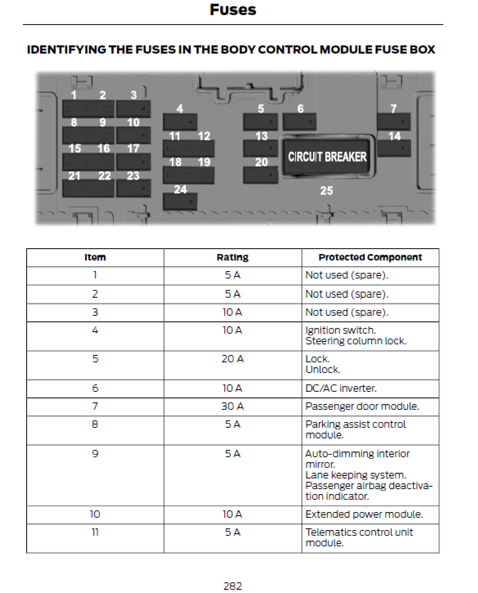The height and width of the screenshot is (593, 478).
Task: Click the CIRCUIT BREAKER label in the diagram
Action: click(x=327, y=157)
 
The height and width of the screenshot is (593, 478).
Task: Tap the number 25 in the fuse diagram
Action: click(x=326, y=191)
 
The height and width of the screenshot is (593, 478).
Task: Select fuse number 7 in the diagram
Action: click(x=393, y=121)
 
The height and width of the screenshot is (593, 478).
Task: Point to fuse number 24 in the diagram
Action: click(x=180, y=201)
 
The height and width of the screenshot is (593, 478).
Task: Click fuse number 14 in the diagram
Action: click(x=394, y=148)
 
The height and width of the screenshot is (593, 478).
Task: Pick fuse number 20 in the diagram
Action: click(x=261, y=175)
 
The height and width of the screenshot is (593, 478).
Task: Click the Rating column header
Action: click(x=232, y=258)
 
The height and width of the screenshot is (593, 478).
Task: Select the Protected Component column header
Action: click(x=370, y=258)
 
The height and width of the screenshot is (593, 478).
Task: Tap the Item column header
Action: click(x=95, y=258)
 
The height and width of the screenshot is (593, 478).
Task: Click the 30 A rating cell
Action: click(x=232, y=407)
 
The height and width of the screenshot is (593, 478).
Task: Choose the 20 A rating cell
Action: click(x=232, y=359)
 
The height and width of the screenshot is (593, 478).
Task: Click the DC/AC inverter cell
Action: click(x=341, y=389)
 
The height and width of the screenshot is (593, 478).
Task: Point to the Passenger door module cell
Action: click(x=362, y=407)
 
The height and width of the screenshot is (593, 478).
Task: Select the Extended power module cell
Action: click(x=364, y=514)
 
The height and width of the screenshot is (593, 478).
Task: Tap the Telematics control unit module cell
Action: click(x=359, y=537)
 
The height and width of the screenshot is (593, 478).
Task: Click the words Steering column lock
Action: click(x=356, y=341)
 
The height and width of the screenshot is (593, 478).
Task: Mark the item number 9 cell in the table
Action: click(x=95, y=454)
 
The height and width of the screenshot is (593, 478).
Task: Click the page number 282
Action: click(x=232, y=586)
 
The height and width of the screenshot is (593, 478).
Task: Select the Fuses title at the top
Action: click(x=233, y=10)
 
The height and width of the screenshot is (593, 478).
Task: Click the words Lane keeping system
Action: click(x=356, y=475)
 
